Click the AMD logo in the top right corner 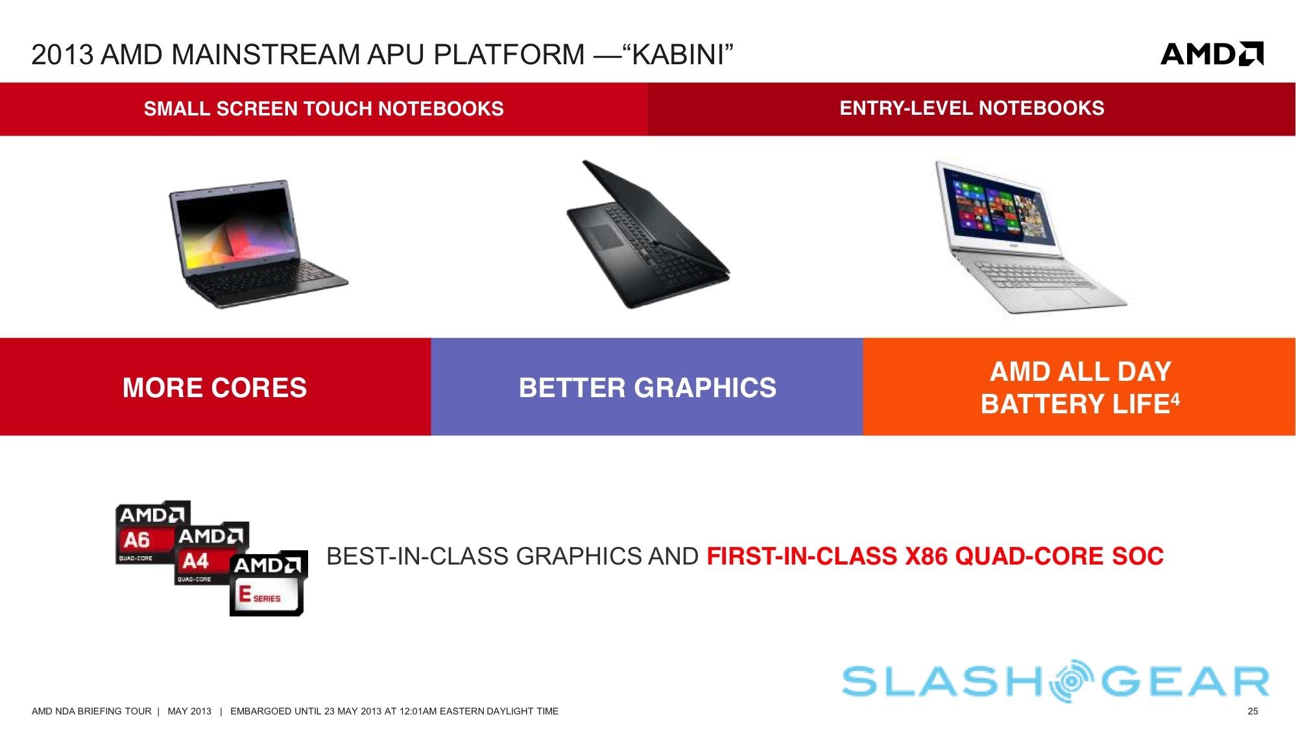click(x=1212, y=54)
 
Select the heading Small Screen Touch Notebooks click(x=324, y=108)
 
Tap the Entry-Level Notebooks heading click(x=972, y=108)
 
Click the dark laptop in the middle click(x=647, y=234)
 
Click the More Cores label click(x=215, y=387)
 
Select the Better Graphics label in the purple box click(x=647, y=387)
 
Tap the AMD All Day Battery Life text click(x=1080, y=387)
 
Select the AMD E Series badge click(x=269, y=583)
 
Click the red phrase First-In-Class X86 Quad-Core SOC click(x=935, y=556)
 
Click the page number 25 click(x=1253, y=711)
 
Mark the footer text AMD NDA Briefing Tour click(x=91, y=711)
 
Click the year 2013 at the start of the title click(x=62, y=55)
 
